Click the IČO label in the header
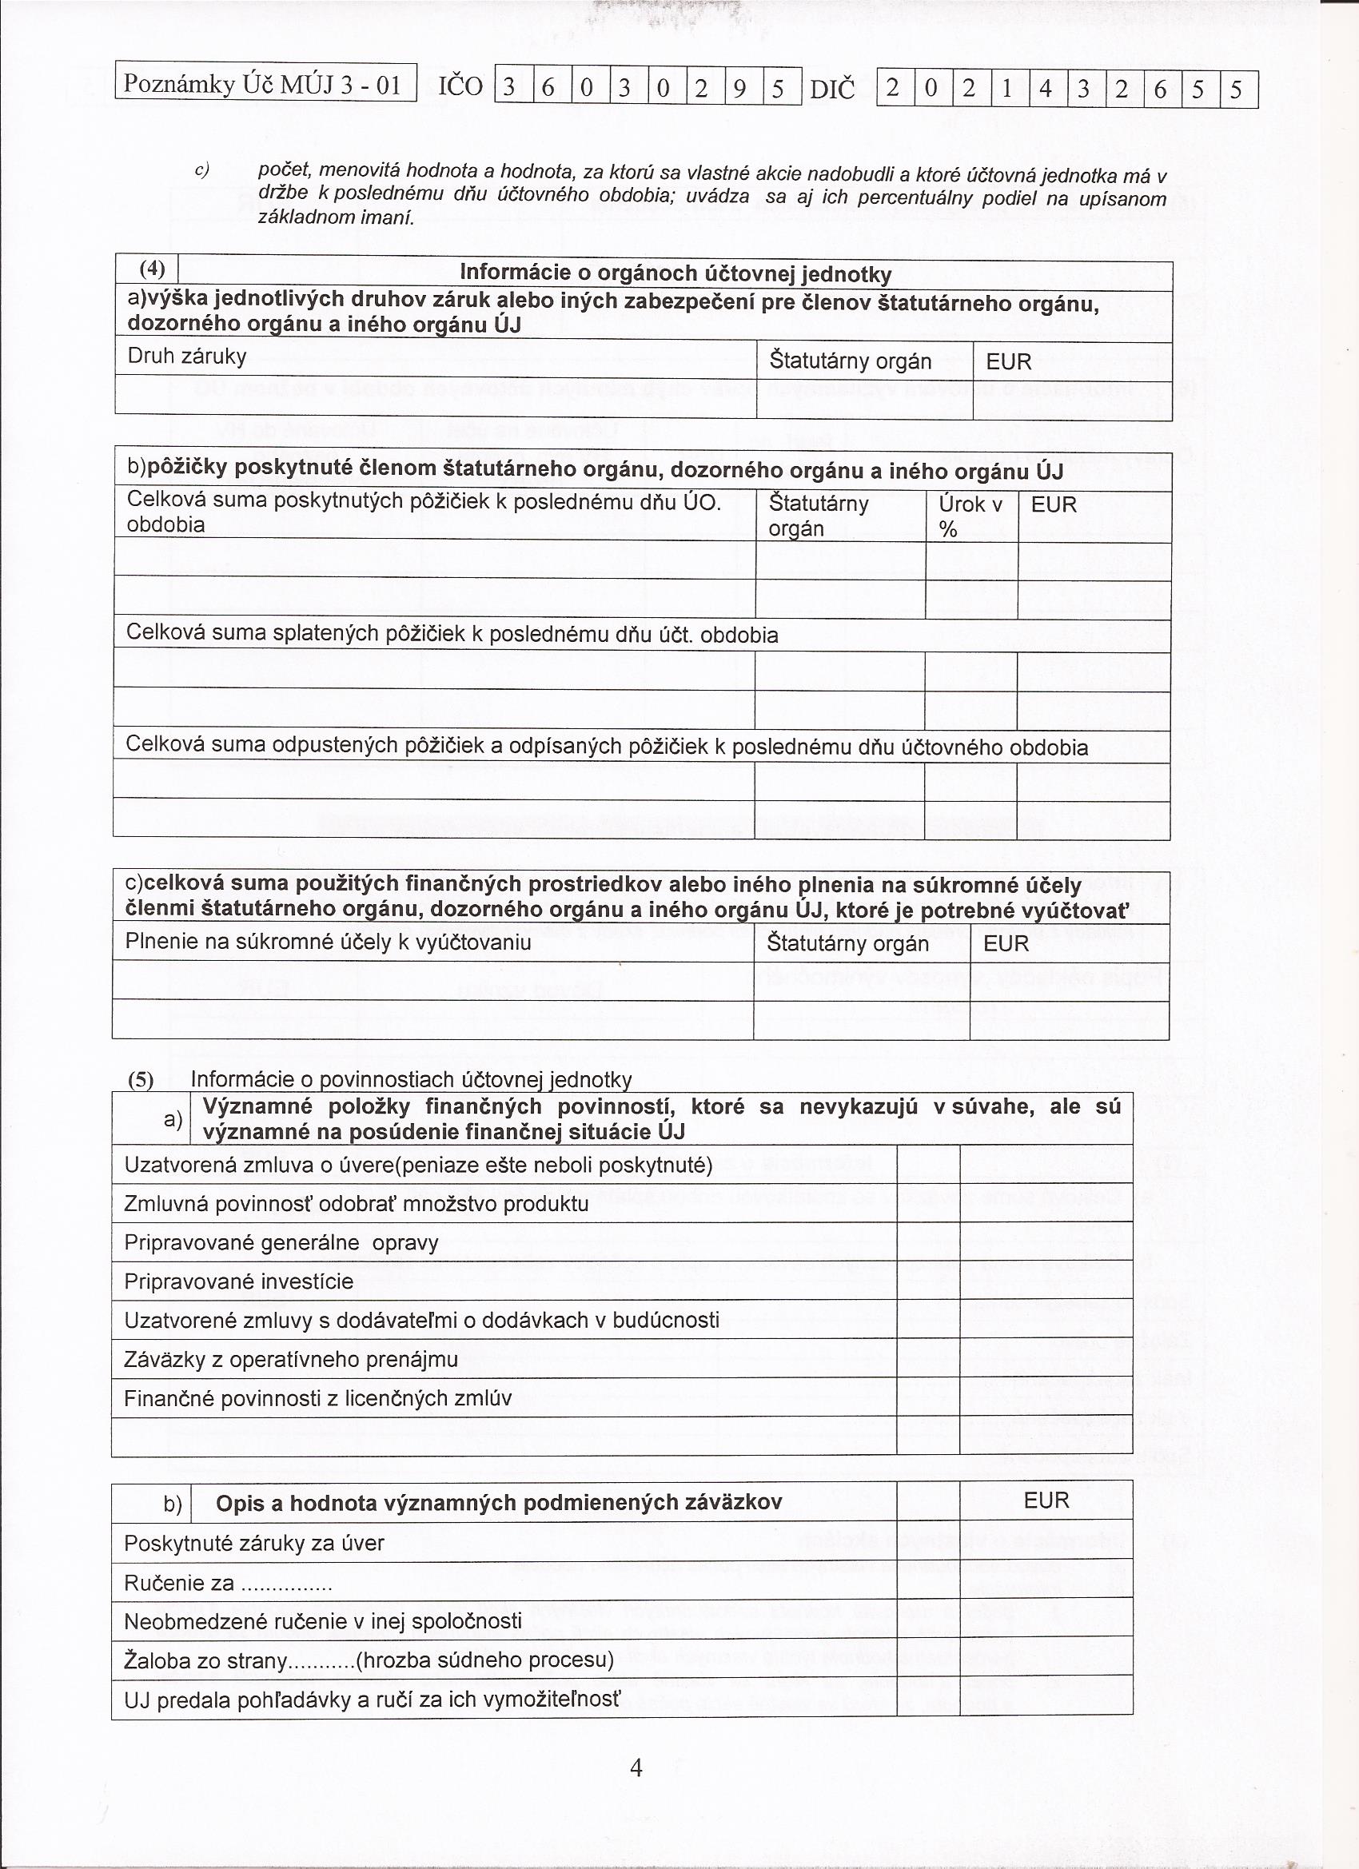pyautogui.click(x=460, y=86)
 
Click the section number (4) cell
pyautogui.click(x=152, y=269)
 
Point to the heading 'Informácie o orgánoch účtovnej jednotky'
pyautogui.click(x=675, y=274)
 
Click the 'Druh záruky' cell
pyautogui.click(x=187, y=356)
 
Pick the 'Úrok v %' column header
pyautogui.click(x=970, y=516)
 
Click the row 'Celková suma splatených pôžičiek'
pyautogui.click(x=452, y=635)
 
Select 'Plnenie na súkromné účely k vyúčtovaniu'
pyautogui.click(x=328, y=942)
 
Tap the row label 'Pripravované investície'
pyautogui.click(x=238, y=1281)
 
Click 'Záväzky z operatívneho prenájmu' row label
pyautogui.click(x=291, y=1359)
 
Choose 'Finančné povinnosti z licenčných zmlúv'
pyautogui.click(x=318, y=1397)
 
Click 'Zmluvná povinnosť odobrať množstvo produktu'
pyautogui.click(x=356, y=1204)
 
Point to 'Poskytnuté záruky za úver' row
pyautogui.click(x=254, y=1543)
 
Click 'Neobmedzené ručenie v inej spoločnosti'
pyautogui.click(x=323, y=1621)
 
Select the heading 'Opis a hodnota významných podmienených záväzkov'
pyautogui.click(x=499, y=1502)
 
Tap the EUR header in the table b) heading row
pyautogui.click(x=1046, y=1500)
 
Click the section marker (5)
pyautogui.click(x=140, y=1080)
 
